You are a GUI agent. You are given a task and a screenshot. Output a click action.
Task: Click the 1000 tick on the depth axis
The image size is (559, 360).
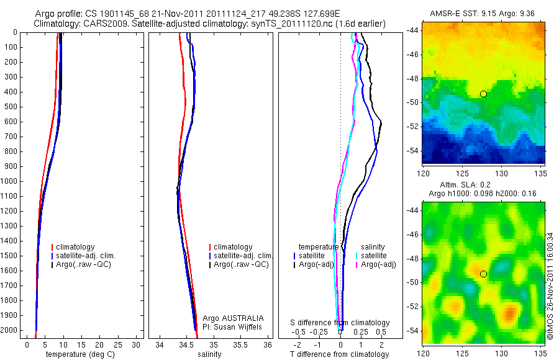(x=10, y=181)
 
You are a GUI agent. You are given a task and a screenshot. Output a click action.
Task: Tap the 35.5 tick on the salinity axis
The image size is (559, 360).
(x=240, y=344)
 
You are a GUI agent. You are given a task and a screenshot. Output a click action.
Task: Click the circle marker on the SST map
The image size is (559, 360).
(x=483, y=94)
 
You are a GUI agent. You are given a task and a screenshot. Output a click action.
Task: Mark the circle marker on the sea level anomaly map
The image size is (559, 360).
(x=483, y=274)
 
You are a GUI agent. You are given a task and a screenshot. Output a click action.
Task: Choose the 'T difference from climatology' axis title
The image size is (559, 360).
(x=339, y=354)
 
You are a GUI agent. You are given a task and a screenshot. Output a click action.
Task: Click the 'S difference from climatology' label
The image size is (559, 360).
(x=340, y=323)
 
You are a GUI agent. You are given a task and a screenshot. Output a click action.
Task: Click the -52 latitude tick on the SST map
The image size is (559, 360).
(x=413, y=126)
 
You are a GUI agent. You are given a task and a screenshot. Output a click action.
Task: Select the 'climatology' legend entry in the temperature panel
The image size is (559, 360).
(x=75, y=247)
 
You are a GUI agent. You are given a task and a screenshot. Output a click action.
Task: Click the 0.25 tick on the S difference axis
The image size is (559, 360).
(x=361, y=332)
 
